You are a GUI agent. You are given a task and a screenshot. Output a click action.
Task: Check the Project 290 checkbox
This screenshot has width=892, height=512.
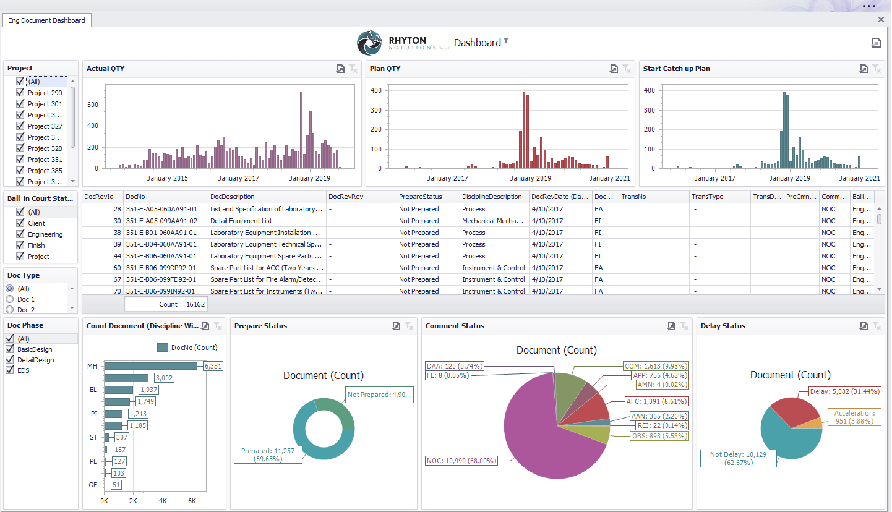[20, 93]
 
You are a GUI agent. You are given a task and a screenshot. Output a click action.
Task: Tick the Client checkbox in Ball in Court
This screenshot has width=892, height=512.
[20, 223]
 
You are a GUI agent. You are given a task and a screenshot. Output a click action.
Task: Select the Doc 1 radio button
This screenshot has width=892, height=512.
[10, 299]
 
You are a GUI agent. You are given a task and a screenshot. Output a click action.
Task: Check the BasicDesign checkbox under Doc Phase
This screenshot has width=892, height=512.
[10, 349]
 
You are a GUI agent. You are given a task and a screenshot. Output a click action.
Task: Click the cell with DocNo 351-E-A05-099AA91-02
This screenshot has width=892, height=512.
[161, 221]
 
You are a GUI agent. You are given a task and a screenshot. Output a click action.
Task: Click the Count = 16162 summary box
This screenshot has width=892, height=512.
[166, 304]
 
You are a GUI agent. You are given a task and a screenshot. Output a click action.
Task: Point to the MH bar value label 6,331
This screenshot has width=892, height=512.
[213, 366]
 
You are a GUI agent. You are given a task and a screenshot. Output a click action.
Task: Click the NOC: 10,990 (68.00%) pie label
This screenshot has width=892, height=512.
[461, 461]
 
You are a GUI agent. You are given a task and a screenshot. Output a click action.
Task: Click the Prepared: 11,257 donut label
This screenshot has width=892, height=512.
[268, 455]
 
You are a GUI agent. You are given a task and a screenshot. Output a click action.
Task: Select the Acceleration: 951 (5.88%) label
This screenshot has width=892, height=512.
[854, 417]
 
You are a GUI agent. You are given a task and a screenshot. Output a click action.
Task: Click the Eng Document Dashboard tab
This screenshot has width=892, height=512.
[46, 20]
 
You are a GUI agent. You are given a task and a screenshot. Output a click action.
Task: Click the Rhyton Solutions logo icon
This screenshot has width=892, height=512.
[371, 43]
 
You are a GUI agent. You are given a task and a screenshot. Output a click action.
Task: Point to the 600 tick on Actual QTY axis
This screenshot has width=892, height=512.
[92, 105]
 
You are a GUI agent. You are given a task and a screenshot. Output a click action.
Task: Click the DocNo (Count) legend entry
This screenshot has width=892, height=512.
[188, 348]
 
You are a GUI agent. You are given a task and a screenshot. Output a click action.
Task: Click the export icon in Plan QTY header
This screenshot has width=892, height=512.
[613, 69]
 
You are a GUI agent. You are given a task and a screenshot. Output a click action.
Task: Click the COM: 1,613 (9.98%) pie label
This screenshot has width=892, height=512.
[656, 366]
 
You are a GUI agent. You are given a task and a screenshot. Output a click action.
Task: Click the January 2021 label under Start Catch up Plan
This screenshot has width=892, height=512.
[859, 178]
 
